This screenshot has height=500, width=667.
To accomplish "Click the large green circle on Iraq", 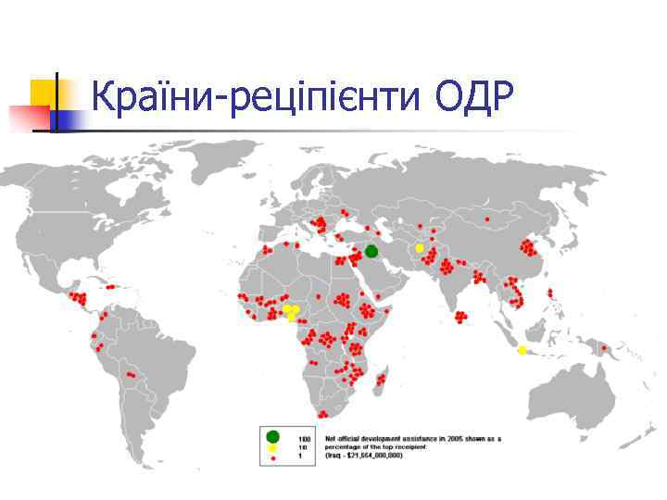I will click(371, 251).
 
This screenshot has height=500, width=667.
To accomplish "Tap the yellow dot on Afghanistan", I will click(419, 248).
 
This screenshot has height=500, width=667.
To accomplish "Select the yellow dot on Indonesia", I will click(522, 350).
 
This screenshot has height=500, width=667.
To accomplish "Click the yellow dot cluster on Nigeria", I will click(292, 312).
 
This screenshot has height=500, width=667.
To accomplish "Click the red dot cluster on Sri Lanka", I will click(460, 319).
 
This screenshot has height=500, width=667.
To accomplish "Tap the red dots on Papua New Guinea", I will click(607, 351).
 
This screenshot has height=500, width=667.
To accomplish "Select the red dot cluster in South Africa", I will click(322, 414).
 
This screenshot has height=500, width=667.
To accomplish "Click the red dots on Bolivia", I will click(133, 375).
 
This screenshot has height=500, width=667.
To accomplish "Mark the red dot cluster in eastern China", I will click(529, 246).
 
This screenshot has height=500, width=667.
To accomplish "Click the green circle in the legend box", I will click(272, 436).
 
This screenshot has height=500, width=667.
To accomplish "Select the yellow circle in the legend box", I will click(272, 447).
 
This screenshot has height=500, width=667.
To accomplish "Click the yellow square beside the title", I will click(43, 93).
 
